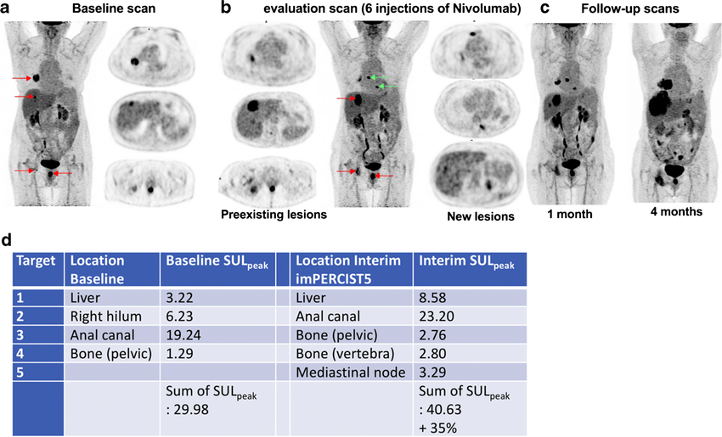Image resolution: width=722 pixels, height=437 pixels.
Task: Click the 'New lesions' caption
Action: pos(481,216)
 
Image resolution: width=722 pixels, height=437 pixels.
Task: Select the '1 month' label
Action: pos(568,214)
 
